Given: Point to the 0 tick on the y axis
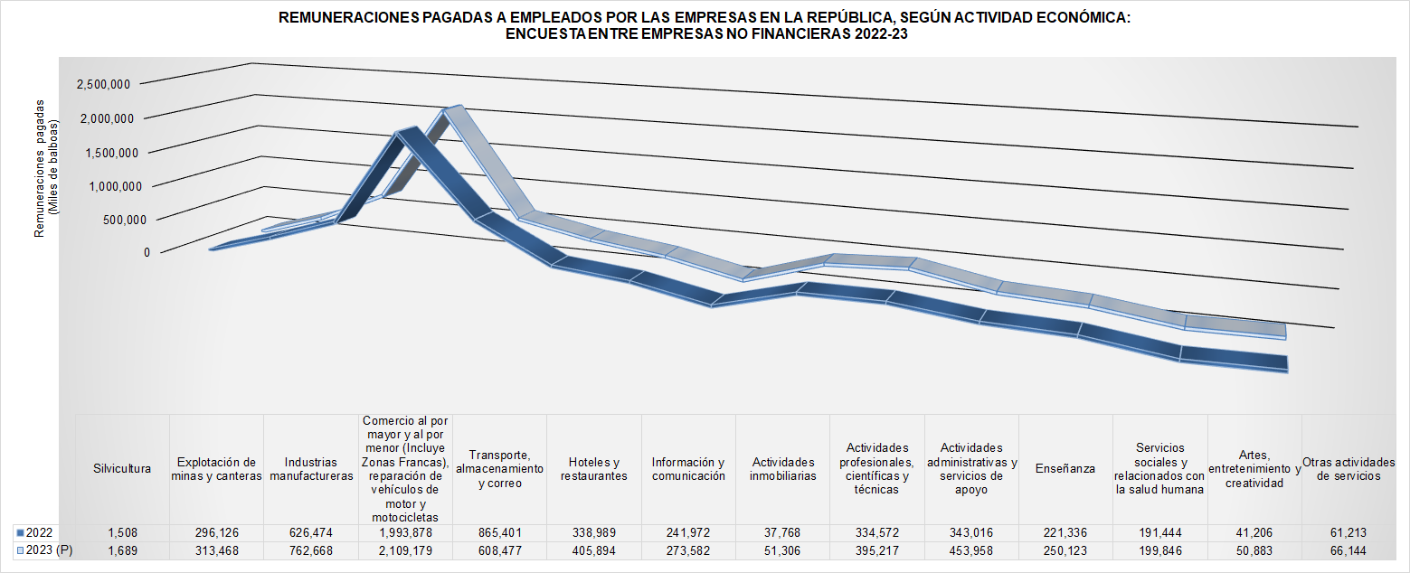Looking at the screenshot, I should [x=146, y=252].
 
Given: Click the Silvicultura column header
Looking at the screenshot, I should [x=122, y=469].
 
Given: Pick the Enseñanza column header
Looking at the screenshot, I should [x=1065, y=469].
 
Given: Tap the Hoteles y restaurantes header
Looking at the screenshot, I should [x=594, y=469].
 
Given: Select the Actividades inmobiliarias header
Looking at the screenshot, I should [x=782, y=469].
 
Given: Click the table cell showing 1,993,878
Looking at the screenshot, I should [x=405, y=532].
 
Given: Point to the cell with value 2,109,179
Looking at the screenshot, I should [x=405, y=550].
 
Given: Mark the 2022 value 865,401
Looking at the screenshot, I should [x=499, y=532].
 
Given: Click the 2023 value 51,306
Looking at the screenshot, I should [x=782, y=550].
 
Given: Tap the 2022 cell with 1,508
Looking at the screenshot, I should [x=122, y=532].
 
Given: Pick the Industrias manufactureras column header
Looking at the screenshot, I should [x=311, y=469].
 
